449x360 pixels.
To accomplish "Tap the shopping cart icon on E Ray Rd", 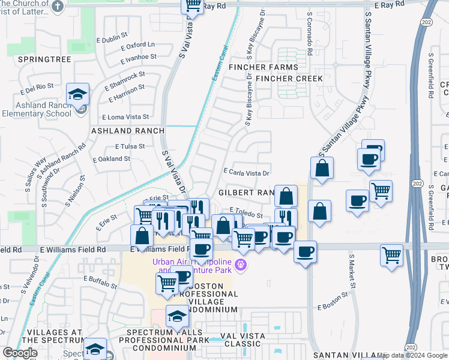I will tap(193, 6).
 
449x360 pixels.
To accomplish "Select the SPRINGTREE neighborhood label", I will tap(44, 59).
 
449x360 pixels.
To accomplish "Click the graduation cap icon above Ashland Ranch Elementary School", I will tap(77, 95).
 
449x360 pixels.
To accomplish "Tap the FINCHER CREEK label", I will tap(289, 79).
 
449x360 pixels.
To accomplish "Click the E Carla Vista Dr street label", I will tap(245, 172).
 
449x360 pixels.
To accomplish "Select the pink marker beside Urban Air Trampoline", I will tap(240, 264).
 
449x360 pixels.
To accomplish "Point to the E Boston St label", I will tap(333, 307).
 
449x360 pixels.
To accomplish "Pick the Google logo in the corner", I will tap(20, 353).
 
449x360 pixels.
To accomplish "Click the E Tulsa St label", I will tap(130, 146).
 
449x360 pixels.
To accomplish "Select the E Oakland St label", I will tap(112, 159).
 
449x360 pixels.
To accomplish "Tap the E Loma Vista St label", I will tap(125, 117).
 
